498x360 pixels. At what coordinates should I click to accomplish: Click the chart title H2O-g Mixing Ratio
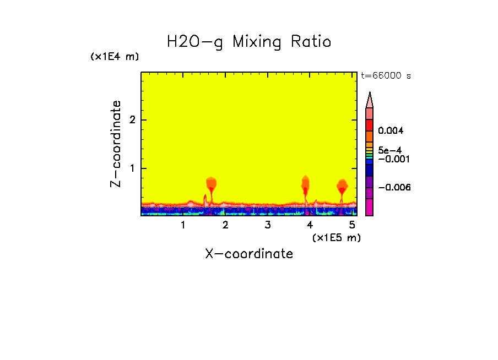click(249, 42)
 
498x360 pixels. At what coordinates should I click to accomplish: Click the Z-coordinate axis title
click(116, 144)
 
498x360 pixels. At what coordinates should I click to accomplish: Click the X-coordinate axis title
click(249, 254)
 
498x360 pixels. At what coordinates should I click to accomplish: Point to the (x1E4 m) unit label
click(115, 57)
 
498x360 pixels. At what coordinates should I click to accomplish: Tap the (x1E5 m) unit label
click(336, 237)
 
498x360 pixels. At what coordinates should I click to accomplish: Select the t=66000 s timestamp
click(386, 76)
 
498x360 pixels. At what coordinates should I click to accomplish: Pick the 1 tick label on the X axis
click(183, 225)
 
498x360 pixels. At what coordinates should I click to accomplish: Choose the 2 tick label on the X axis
click(225, 225)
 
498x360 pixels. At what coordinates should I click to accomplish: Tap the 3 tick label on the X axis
click(268, 225)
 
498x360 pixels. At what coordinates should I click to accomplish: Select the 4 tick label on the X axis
click(310, 225)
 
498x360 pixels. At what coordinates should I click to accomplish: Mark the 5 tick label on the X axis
click(352, 225)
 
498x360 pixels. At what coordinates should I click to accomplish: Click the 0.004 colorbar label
click(391, 131)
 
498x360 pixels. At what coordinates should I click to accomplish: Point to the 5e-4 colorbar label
click(389, 150)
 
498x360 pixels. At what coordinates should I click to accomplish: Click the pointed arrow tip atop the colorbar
click(370, 94)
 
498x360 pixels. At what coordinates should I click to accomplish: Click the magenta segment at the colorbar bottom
click(370, 208)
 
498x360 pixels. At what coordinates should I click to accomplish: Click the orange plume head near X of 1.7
click(212, 183)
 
